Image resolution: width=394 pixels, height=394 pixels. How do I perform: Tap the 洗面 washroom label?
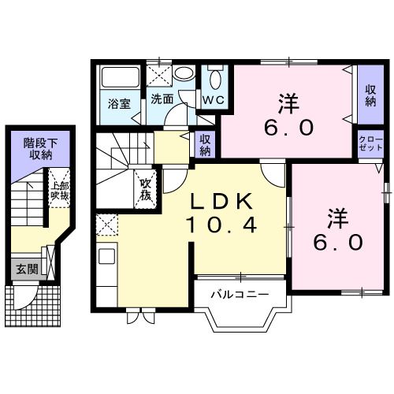162,100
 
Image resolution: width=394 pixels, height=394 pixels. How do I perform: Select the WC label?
214,100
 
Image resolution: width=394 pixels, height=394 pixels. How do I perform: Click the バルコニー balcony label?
240,294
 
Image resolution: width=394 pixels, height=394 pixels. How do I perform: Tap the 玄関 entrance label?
26,269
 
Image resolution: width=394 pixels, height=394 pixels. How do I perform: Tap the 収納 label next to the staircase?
205,145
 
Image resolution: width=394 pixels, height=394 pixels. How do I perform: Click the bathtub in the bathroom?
121,79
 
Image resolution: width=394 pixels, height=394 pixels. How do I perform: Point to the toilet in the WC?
214,80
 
